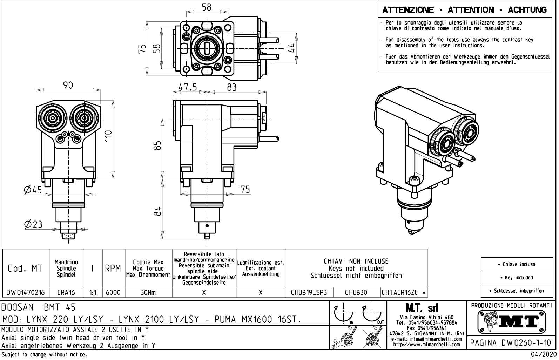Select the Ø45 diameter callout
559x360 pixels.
click(x=33, y=190)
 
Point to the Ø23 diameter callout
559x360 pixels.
click(x=33, y=224)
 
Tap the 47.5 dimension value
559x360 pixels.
click(x=188, y=87)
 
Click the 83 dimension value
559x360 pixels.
click(x=231, y=87)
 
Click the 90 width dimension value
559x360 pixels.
click(x=68, y=85)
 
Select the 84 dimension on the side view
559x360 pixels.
click(x=158, y=211)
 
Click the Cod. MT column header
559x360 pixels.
click(x=25, y=269)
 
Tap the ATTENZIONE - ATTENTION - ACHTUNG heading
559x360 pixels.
click(x=465, y=10)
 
